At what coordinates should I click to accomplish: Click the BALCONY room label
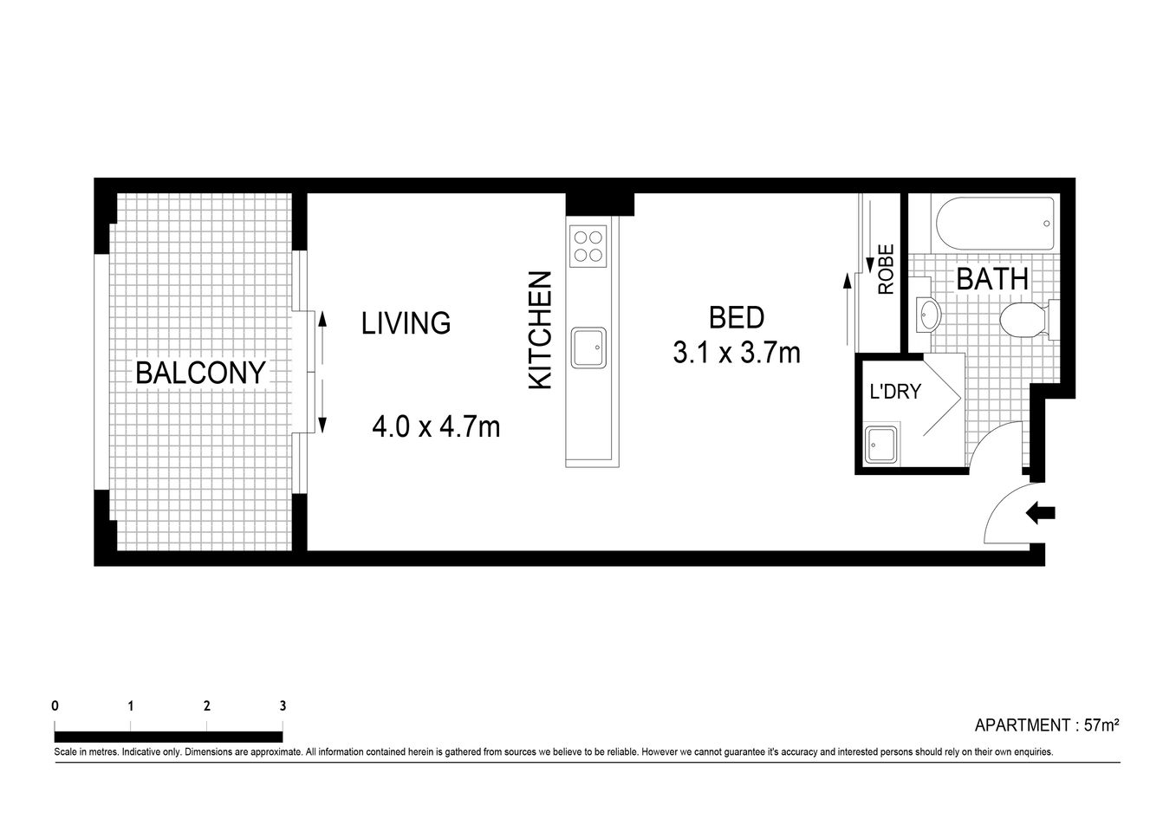point(200,373)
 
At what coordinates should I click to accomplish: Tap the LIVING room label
point(406,323)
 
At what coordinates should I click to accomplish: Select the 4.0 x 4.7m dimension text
point(436,426)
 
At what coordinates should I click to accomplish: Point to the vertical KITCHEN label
point(541,330)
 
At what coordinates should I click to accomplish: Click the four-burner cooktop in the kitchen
point(588,244)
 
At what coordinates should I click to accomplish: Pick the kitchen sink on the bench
point(588,348)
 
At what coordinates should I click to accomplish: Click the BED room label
point(737,318)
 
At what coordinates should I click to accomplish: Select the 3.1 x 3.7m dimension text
point(737,353)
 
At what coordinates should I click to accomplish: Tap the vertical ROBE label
point(886,270)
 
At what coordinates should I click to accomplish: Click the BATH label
point(992,279)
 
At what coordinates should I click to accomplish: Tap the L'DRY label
point(895,392)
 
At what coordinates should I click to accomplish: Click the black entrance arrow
point(1040,513)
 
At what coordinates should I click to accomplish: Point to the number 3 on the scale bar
point(283,705)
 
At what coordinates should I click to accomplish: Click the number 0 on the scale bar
point(55,705)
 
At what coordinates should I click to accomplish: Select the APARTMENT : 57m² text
point(1047,725)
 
